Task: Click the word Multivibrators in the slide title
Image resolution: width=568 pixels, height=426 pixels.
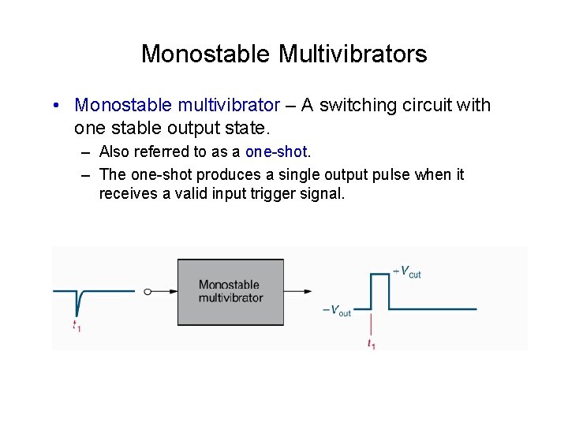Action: coord(353,54)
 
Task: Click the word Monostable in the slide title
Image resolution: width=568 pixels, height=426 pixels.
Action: coord(206,54)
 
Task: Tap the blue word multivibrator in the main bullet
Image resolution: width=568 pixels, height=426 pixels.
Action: coord(229,105)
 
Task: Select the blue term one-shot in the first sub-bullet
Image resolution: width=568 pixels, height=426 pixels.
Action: coord(275,151)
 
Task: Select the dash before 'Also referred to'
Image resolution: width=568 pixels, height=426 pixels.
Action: coord(84,151)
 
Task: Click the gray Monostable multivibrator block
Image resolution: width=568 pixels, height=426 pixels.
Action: coord(230,291)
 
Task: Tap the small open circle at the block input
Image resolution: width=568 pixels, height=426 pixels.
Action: coord(148,291)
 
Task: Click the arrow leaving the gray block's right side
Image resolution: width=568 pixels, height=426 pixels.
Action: coord(297,291)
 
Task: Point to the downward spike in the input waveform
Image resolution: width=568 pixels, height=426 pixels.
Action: coord(77,303)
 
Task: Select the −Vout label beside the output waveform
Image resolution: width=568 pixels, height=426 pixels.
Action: coord(337,310)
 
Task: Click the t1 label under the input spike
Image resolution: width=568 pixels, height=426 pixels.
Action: coord(76,325)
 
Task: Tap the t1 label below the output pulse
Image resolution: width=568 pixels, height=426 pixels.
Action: coord(371,344)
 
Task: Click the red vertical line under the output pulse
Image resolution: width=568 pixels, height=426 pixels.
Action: coord(371,323)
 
